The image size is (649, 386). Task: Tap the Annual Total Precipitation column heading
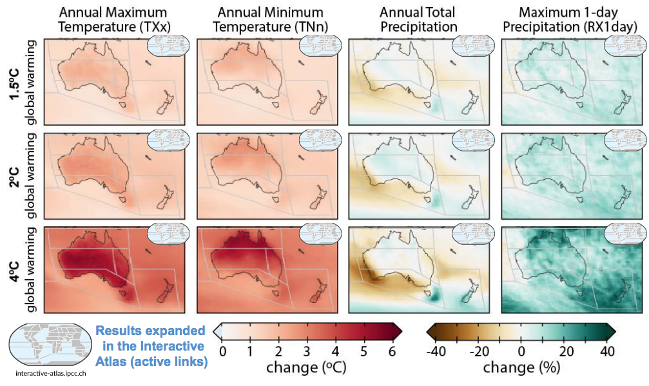pyautogui.click(x=418, y=19)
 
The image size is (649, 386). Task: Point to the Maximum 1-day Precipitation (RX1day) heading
pyautogui.click(x=570, y=19)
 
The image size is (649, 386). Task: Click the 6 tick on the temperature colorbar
pyautogui.click(x=392, y=351)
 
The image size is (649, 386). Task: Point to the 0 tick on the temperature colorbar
pyautogui.click(x=223, y=351)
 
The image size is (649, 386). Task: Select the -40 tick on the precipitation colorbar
pyautogui.click(x=436, y=351)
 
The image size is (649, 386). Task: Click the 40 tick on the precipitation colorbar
pyautogui.click(x=607, y=351)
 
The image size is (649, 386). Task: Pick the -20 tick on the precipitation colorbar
pyautogui.click(x=479, y=351)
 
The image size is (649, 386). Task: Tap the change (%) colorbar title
pyautogui.click(x=523, y=369)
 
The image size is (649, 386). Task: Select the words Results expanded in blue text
pyautogui.click(x=150, y=331)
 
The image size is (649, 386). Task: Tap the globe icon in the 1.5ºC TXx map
pyautogui.click(x=168, y=46)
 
